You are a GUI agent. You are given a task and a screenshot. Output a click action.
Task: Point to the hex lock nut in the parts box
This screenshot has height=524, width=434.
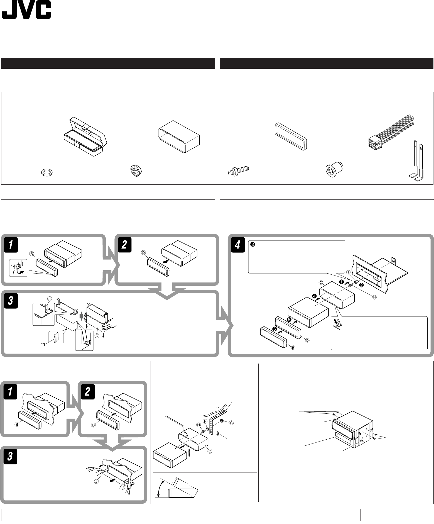tap(135, 170)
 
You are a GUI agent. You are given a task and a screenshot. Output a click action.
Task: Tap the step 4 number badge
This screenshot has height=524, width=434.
tap(237, 245)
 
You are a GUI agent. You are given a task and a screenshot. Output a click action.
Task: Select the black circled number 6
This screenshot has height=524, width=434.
tap(275, 329)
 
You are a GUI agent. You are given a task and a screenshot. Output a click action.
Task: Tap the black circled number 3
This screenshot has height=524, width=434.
tap(252, 245)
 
